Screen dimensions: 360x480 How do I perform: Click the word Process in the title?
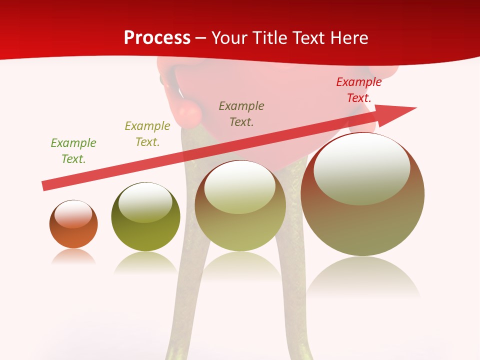click(x=157, y=38)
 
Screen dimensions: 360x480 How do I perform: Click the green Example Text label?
click(x=73, y=150)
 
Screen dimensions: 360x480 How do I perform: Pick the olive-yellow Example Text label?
click(x=147, y=134)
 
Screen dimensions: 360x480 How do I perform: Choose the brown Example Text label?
click(x=241, y=113)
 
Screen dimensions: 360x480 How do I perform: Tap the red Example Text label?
click(x=359, y=90)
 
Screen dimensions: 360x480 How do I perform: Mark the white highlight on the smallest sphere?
click(x=73, y=214)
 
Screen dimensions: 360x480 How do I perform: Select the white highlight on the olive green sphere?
click(x=145, y=201)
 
